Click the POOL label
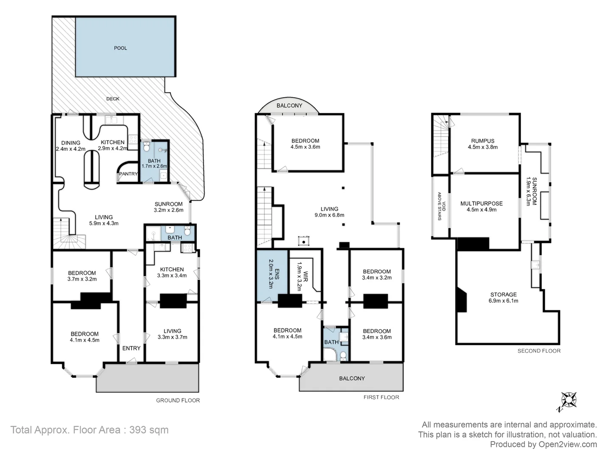pyautogui.click(x=121, y=48)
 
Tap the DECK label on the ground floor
pyautogui.click(x=113, y=99)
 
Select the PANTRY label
pyautogui.click(x=128, y=174)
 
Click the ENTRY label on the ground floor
pyautogui.click(x=131, y=348)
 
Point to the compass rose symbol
pyautogui.click(x=568, y=400)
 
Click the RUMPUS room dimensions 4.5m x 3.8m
pyautogui.click(x=482, y=148)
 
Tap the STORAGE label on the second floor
pyautogui.click(x=503, y=294)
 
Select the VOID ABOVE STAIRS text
pyautogui.click(x=441, y=206)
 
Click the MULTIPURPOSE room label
pyautogui.click(x=481, y=204)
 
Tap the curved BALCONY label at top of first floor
pyautogui.click(x=289, y=106)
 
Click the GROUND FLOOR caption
pyautogui.click(x=178, y=400)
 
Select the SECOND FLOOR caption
pyautogui.click(x=539, y=351)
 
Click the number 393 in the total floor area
pyautogui.click(x=137, y=430)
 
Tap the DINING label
pyautogui.click(x=70, y=143)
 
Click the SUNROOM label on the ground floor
pyautogui.click(x=168, y=204)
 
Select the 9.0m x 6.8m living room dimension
pyautogui.click(x=329, y=215)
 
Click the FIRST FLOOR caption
pyautogui.click(x=381, y=397)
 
